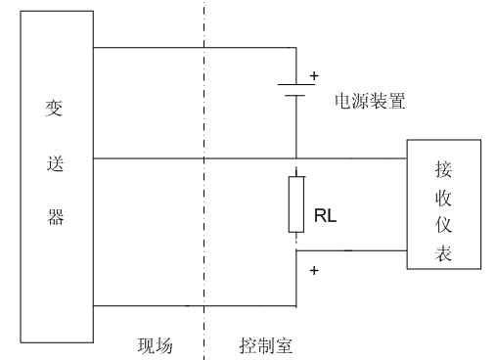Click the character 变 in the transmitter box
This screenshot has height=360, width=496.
point(56,109)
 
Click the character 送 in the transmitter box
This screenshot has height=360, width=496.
point(56,163)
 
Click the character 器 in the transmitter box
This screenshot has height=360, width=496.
point(56,217)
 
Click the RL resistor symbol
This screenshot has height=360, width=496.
point(295,203)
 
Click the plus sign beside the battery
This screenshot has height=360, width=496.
point(314,74)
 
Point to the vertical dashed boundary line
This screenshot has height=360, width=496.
point(204,196)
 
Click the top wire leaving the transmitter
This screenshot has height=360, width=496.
point(196,47)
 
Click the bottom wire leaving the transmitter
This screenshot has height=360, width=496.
point(196,306)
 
